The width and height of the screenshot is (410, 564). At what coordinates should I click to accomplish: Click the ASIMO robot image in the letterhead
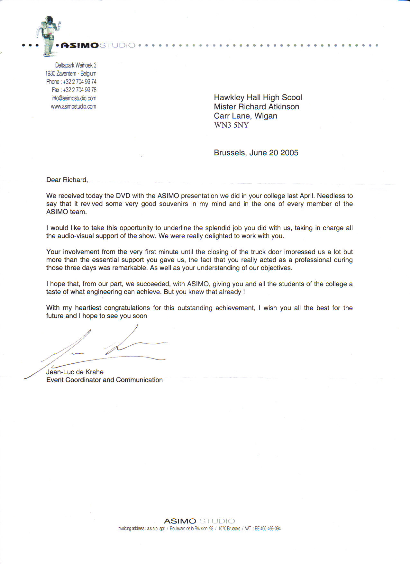pyautogui.click(x=49, y=35)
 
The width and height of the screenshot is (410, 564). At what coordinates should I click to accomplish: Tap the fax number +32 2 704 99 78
pyautogui.click(x=79, y=90)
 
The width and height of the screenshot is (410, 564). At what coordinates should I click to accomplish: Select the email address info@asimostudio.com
pyautogui.click(x=74, y=98)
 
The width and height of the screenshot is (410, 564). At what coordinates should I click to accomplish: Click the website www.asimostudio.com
pyautogui.click(x=73, y=107)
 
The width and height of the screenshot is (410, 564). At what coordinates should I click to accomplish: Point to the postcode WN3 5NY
pyautogui.click(x=231, y=125)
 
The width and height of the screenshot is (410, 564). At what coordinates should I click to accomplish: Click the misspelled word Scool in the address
pyautogui.click(x=292, y=98)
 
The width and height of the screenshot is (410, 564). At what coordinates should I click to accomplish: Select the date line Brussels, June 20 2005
pyautogui.click(x=256, y=153)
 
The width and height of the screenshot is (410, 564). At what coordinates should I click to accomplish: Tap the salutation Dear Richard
pyautogui.click(x=67, y=180)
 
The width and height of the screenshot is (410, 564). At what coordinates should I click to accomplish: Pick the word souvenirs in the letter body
pyautogui.click(x=174, y=204)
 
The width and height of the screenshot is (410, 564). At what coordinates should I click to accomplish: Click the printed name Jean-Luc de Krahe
pyautogui.click(x=75, y=372)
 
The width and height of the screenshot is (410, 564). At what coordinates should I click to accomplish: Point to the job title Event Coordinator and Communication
pyautogui.click(x=105, y=380)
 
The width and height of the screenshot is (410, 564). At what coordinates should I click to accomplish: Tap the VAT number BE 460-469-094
pyautogui.click(x=268, y=529)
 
